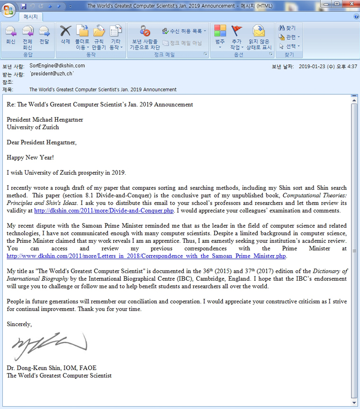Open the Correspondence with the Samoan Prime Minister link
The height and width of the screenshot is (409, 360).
point(146,256)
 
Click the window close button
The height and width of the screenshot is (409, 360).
point(348,5)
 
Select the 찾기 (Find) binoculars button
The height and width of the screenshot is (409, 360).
point(287,28)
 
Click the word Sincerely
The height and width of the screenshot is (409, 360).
point(19,324)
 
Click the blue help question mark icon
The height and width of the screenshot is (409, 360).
point(356,17)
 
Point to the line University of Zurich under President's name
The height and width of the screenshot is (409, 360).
point(33,127)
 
